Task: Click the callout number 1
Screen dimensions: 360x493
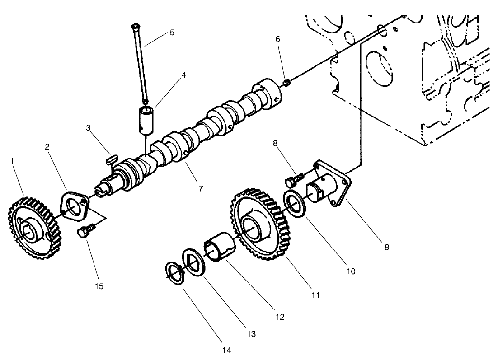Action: click(13, 161)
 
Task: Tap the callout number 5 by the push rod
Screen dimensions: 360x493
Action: click(172, 33)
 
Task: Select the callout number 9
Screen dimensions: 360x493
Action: click(387, 247)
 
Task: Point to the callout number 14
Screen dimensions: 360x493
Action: click(226, 350)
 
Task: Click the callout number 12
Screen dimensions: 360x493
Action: click(280, 317)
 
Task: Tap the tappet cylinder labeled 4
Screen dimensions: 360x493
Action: click(146, 120)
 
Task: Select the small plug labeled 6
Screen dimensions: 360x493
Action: click(287, 82)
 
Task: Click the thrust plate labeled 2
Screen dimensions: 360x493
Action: click(75, 207)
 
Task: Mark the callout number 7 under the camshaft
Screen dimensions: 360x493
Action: click(201, 188)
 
